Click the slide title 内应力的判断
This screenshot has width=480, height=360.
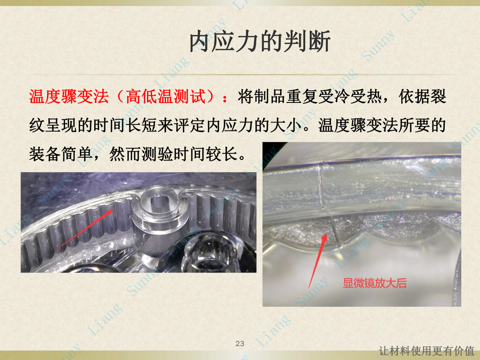click(260, 41)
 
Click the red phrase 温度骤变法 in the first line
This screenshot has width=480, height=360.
click(69, 96)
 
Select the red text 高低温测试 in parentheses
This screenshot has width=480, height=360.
click(166, 96)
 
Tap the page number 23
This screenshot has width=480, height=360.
click(240, 343)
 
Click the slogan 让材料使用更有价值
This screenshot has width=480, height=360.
click(427, 351)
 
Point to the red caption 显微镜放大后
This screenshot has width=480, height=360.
click(375, 283)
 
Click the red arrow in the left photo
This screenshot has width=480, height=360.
click(85, 229)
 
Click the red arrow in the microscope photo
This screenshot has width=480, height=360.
click(318, 260)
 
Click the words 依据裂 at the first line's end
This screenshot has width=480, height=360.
click(423, 96)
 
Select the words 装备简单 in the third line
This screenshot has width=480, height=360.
click(61, 154)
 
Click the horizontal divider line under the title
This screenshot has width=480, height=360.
click(240, 75)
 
